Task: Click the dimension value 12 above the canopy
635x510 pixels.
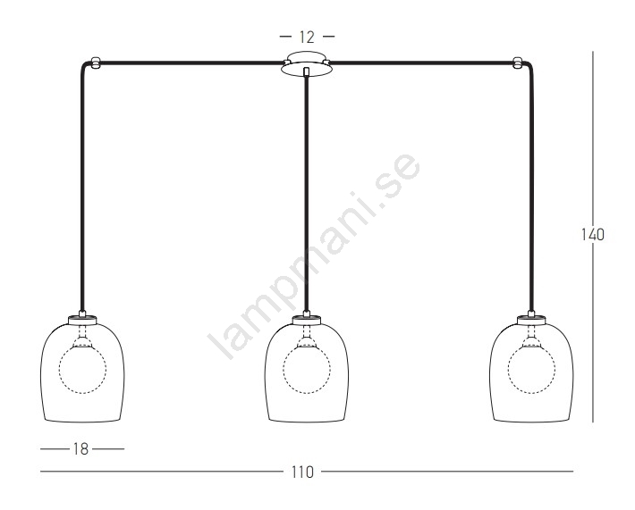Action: click(307, 38)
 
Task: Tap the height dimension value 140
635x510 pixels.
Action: click(592, 235)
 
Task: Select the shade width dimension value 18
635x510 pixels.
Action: click(81, 449)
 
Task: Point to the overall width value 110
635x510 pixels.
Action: click(302, 472)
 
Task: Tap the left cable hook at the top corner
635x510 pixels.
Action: click(95, 63)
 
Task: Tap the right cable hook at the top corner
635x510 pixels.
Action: click(518, 63)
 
